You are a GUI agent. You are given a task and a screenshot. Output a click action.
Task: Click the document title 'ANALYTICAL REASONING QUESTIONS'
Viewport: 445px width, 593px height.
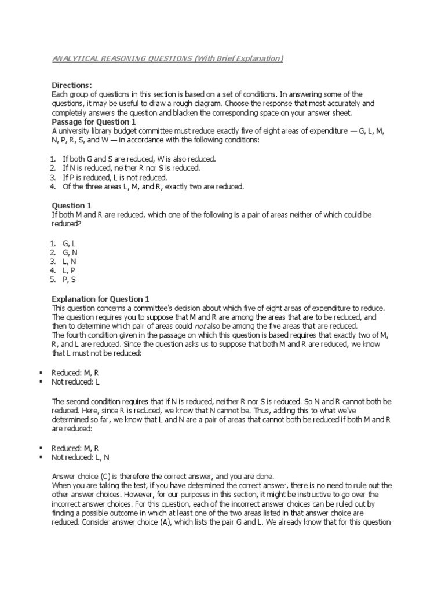click(122, 59)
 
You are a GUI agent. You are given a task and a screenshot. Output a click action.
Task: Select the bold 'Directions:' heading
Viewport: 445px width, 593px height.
click(72, 85)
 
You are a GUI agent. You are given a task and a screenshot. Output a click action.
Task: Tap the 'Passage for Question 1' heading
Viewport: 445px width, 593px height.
click(94, 123)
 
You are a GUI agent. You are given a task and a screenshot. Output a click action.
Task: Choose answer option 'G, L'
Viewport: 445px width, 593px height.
click(70, 244)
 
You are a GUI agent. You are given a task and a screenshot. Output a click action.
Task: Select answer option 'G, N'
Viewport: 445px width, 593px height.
click(70, 252)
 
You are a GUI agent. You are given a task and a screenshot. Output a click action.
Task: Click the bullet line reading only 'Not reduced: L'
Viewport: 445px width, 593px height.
click(75, 382)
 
